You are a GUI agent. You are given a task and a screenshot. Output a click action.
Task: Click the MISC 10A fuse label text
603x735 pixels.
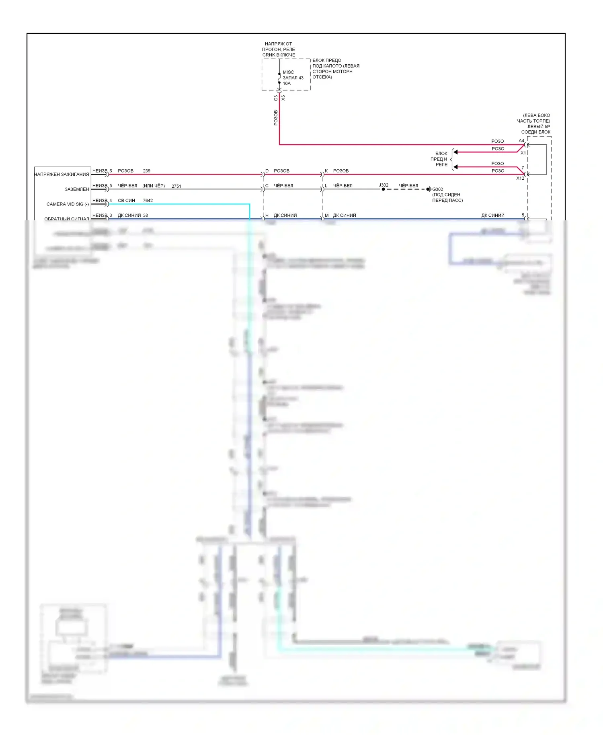pos(293,78)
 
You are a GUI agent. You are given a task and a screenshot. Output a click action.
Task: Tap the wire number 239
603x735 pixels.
pos(147,171)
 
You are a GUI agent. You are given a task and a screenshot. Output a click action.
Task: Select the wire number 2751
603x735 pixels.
pos(176,186)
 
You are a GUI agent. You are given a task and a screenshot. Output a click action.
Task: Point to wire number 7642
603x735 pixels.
pos(148,201)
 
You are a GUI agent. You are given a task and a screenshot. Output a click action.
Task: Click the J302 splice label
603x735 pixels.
pos(384,185)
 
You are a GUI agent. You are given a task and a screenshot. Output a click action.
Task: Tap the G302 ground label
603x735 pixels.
pos(437,189)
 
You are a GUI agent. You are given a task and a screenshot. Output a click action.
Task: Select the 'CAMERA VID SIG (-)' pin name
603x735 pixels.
pos(68,204)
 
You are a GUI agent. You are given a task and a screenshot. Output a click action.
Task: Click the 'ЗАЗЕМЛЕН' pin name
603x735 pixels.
pos(77,189)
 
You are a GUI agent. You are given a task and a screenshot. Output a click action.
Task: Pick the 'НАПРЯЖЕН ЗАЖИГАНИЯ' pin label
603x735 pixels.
pos(62,175)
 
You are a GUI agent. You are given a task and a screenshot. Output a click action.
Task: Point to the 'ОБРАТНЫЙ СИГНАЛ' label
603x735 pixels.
pos(66,219)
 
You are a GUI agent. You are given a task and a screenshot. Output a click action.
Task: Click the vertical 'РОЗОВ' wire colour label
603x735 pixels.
pos(276,117)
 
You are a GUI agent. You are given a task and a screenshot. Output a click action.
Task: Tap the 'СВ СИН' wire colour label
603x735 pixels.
pos(126,201)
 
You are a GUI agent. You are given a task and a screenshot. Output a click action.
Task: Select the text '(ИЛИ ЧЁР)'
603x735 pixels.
pos(154,186)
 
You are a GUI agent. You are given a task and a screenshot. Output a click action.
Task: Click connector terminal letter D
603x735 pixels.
pos(267,171)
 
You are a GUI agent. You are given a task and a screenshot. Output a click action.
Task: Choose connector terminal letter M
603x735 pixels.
pos(326,216)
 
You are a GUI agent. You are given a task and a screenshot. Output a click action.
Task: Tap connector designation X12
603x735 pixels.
pos(520,178)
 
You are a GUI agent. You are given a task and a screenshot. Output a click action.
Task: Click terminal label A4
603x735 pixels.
pos(521,141)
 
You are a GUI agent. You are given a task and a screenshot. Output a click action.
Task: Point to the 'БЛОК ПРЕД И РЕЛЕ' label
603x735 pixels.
pos(440,159)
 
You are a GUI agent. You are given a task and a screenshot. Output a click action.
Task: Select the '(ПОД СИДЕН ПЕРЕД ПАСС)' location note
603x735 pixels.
pos(447,197)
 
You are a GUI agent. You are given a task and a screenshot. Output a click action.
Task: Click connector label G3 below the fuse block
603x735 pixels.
pos(276,98)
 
